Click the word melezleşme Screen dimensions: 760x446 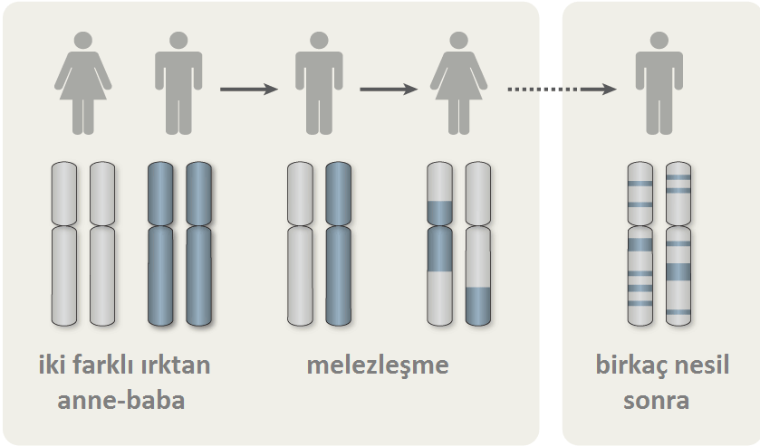tap(378, 365)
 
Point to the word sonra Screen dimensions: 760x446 tap(656, 401)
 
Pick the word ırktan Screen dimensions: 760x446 tap(175, 365)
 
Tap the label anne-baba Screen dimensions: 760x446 tap(121, 401)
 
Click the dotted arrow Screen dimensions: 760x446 tap(562, 89)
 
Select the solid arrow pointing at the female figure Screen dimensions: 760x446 tap(389, 89)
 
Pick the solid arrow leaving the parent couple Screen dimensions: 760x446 tap(249, 89)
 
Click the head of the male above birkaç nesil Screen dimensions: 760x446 tap(659, 40)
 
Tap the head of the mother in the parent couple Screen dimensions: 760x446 tap(82, 40)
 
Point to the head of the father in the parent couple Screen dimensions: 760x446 tap(178, 40)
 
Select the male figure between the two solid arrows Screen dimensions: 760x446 tap(319, 83)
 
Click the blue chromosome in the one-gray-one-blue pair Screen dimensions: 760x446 tap(338, 243)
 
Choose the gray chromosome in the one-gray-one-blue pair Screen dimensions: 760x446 tap(300, 243)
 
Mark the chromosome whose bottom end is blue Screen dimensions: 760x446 tap(478, 243)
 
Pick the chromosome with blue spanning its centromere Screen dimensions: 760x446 tap(439, 243)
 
